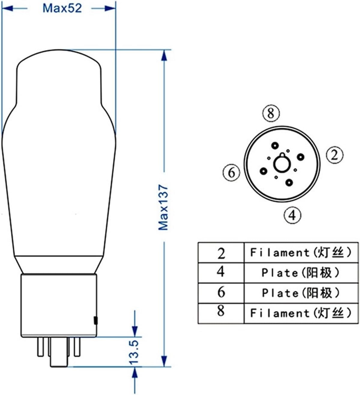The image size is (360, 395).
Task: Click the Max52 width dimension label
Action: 62,8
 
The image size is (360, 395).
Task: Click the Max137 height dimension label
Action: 164,207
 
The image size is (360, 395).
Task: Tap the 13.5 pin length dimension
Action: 135,352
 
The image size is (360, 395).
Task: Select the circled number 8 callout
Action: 271,114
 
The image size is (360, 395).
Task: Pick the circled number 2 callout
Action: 334,155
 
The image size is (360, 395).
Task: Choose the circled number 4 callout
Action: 292,215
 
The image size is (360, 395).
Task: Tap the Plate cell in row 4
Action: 301,273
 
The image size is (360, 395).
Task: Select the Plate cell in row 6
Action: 301,293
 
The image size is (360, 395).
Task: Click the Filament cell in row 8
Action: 301,313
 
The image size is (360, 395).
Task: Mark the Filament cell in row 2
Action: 301,253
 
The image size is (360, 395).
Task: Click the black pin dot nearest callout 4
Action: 289,182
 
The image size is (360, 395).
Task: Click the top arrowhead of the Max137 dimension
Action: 164,56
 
